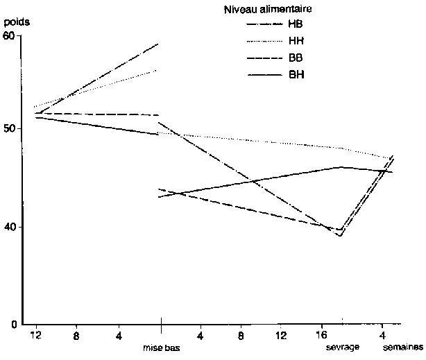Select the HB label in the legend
coord(295,24)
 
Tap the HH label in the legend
coord(295,41)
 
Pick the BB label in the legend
coord(295,57)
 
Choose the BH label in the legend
coord(295,73)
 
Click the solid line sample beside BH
coord(263,73)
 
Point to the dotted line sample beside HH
coord(263,41)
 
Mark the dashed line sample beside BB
coord(263,57)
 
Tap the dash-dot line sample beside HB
coord(263,24)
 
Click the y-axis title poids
coord(15,22)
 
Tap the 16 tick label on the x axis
coord(323,335)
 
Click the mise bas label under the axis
coord(161,348)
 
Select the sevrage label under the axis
coord(343,348)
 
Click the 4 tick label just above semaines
coord(384,335)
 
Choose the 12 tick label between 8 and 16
coord(282,335)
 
